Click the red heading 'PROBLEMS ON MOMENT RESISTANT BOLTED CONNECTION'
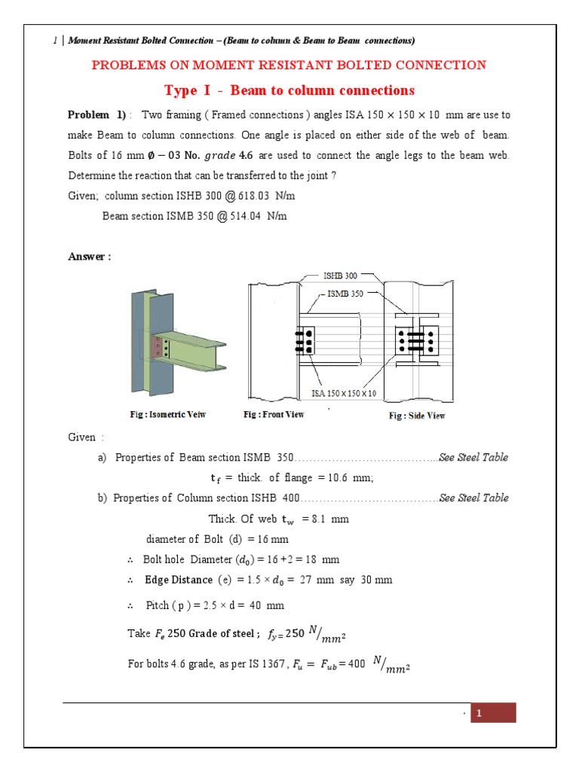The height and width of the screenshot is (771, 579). (289, 65)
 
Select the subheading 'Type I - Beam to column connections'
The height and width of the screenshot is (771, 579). (289, 90)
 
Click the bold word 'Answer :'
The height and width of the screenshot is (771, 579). (90, 256)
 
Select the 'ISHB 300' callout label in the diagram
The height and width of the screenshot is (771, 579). (340, 276)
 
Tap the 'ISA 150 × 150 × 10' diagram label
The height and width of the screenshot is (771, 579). (344, 393)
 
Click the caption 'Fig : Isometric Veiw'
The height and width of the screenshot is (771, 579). (167, 415)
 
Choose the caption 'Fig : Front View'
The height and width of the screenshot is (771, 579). (274, 415)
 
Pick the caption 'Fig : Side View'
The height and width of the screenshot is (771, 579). (417, 416)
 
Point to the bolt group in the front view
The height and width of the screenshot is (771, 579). (305, 341)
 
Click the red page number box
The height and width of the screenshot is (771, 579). (493, 713)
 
